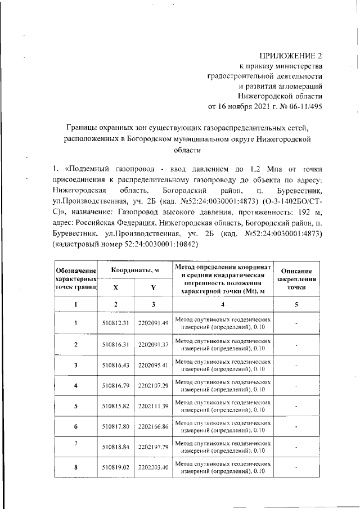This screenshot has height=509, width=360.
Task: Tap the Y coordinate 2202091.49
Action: click(x=154, y=323)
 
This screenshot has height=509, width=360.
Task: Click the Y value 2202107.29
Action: click(x=154, y=386)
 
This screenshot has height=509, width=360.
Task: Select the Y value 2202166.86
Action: click(x=154, y=427)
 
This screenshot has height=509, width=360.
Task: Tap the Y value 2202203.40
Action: click(x=154, y=467)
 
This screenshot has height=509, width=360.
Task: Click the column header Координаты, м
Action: click(x=135, y=271)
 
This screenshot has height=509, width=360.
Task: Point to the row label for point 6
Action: click(x=75, y=427)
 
